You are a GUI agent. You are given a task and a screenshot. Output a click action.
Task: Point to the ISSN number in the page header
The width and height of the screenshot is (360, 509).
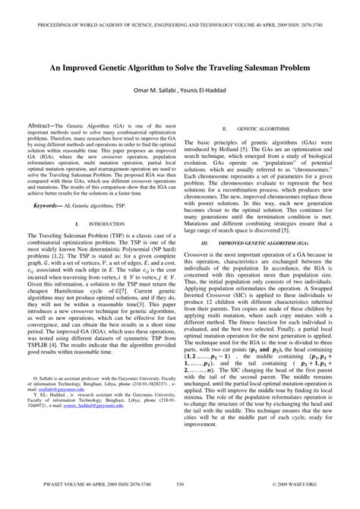tap(319, 14)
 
